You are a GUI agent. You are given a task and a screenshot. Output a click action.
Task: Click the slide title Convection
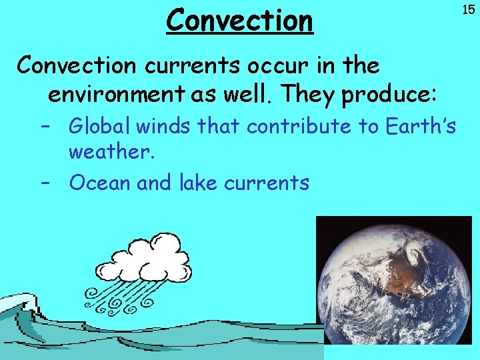click(x=239, y=20)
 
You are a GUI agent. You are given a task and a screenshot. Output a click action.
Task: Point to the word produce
click(x=389, y=95)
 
